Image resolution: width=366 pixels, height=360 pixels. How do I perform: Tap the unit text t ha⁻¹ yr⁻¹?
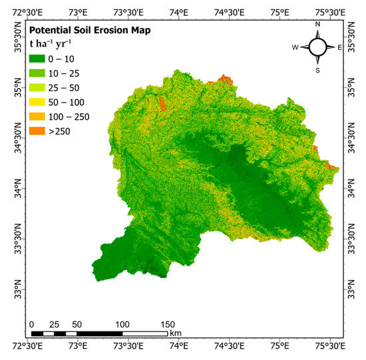pyautogui.click(x=51, y=45)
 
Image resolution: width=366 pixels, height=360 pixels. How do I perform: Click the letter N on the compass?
pyautogui.click(x=317, y=25)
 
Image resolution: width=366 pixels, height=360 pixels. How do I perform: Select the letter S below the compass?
pyautogui.click(x=317, y=70)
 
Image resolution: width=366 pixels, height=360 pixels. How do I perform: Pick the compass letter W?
pyautogui.click(x=295, y=47)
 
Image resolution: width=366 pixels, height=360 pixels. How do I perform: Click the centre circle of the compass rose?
pyautogui.click(x=317, y=47)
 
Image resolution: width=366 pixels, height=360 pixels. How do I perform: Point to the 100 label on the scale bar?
pyautogui.click(x=122, y=324)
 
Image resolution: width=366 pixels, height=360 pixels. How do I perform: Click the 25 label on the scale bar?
pyautogui.click(x=54, y=324)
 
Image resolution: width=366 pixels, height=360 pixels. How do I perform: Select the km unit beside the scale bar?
pyautogui.click(x=176, y=333)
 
